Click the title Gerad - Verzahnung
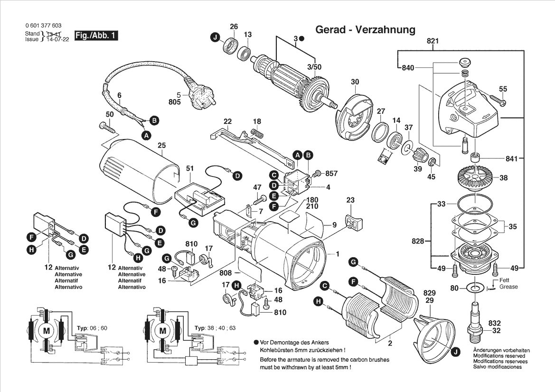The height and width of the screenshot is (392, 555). pos(365,30)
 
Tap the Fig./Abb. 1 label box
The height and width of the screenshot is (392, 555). pos(95,36)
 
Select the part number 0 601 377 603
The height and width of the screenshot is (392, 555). pos(42,26)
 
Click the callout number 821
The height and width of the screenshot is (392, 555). pos(433,41)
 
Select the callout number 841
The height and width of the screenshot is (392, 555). pos(511,159)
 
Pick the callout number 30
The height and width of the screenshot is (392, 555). pos(355,82)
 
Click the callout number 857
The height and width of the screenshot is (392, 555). pos(331,174)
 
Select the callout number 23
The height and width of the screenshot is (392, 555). pos(350,200)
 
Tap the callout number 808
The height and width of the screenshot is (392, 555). pos(226,273)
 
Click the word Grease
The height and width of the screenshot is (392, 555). pos(508,287)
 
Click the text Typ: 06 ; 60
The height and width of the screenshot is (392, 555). pos(92,328)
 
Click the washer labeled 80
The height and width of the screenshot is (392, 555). pos(473,288)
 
